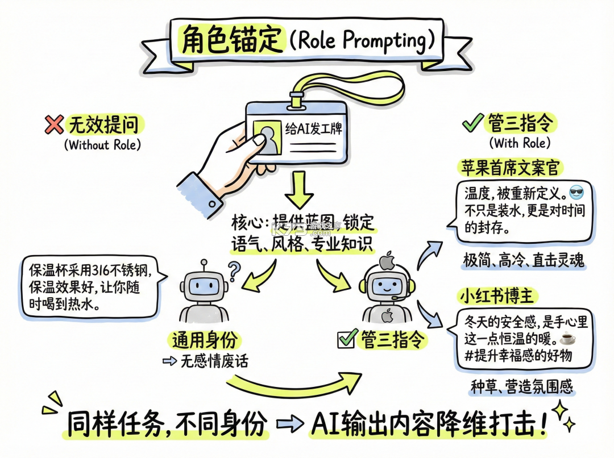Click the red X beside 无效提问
pos(54,125)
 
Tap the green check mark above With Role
pos(472,123)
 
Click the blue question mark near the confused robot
pos(234,271)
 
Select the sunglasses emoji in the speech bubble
pos(576,193)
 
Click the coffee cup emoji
pos(568,338)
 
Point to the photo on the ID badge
pos(267,137)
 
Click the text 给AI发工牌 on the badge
pos(313,128)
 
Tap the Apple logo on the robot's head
pos(387,261)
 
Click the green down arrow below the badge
pos(299,189)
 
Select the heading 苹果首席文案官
pos(509,168)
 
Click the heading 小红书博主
pos(496,296)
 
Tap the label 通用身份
pos(205,340)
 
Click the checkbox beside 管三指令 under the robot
pos(347,339)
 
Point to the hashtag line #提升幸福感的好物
pos(518,356)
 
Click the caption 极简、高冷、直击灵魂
pos(524,260)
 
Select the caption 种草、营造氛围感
pos(521,387)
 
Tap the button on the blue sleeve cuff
pos(211,203)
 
